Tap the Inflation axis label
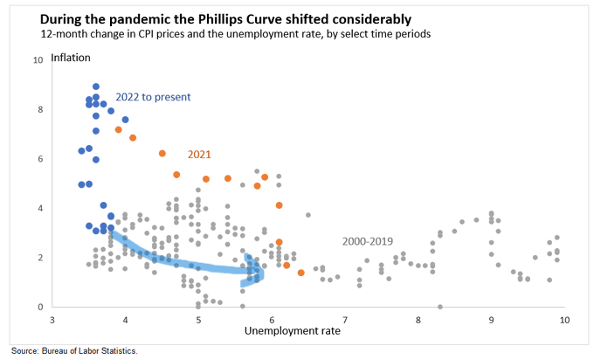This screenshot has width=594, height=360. pyautogui.click(x=71, y=59)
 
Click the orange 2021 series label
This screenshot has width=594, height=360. pyautogui.click(x=200, y=154)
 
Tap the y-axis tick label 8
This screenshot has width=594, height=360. pyautogui.click(x=38, y=110)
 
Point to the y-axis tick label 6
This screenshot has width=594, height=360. pyautogui.click(x=38, y=159)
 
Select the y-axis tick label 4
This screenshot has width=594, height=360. pyautogui.click(x=38, y=209)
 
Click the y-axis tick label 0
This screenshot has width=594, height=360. pyautogui.click(x=38, y=308)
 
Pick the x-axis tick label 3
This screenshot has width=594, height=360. pyautogui.click(x=52, y=321)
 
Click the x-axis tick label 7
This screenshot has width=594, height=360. pyautogui.click(x=346, y=321)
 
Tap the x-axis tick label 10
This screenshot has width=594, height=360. pyautogui.click(x=564, y=321)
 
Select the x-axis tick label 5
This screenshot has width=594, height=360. pyautogui.click(x=199, y=321)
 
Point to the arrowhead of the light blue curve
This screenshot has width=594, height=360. pyautogui.click(x=259, y=273)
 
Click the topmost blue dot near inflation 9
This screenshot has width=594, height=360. pyautogui.click(x=96, y=87)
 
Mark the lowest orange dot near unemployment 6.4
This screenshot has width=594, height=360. pyautogui.click(x=300, y=273)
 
